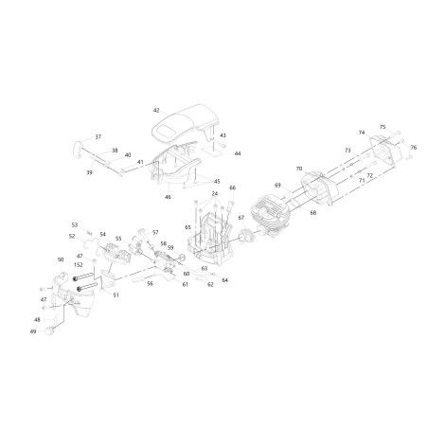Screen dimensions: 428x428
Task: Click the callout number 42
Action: [x=156, y=111]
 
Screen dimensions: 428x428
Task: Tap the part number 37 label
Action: [x=98, y=136]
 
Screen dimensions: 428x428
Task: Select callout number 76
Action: [x=413, y=148]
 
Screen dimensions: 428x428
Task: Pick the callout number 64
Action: [x=224, y=280]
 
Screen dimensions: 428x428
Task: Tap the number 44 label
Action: [x=238, y=153]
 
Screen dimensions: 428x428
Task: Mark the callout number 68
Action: [x=312, y=213]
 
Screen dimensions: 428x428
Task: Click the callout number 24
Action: [x=215, y=194]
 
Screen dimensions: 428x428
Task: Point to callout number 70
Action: [x=298, y=169]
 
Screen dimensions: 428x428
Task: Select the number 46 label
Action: [x=168, y=197]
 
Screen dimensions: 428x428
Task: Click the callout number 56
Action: [x=151, y=282]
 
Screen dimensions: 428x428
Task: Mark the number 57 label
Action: [x=155, y=232]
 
